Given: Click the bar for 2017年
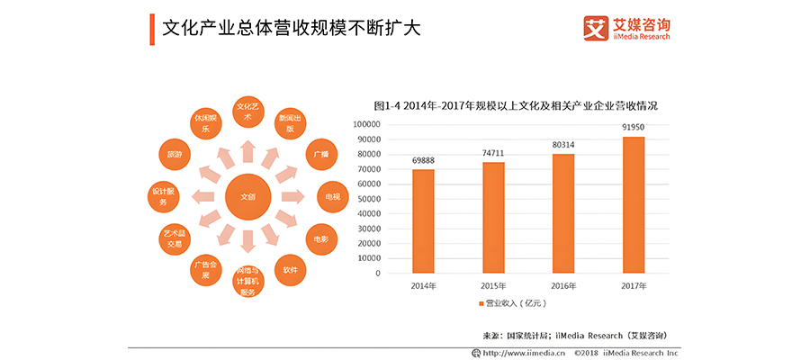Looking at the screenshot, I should click(633, 205).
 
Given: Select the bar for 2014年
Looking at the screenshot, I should click(423, 221).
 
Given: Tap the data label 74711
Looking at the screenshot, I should click(493, 154).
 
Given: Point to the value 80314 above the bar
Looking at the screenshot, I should click(563, 146).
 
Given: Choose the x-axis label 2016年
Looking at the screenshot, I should click(563, 286).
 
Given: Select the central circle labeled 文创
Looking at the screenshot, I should click(247, 196).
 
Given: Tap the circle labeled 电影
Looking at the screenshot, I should click(320, 239).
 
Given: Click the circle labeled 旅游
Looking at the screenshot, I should click(174, 155).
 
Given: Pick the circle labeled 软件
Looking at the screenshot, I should click(290, 270).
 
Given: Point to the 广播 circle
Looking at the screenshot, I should click(320, 154).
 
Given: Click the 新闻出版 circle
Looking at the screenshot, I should click(290, 123).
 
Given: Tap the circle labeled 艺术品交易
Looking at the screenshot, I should click(174, 239).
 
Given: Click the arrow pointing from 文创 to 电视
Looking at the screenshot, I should click(291, 196).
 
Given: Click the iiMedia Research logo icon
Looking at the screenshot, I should click(595, 28).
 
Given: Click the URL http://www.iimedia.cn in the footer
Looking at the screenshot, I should click(524, 353).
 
